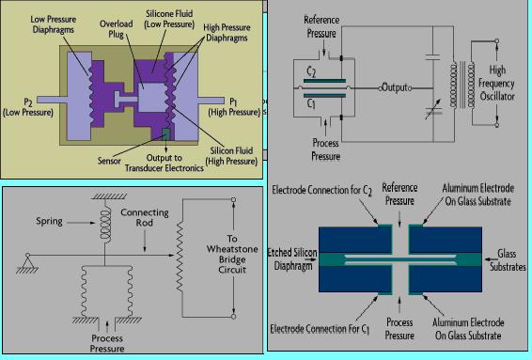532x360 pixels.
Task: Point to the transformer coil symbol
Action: pyautogui.click(x=462, y=85)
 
